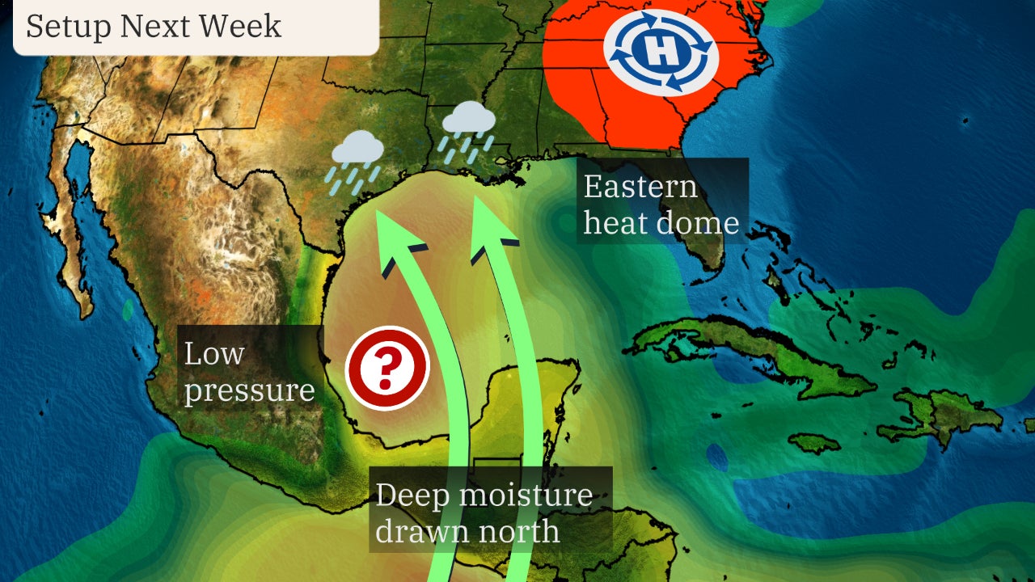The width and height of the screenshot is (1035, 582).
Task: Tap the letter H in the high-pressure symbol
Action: (x=661, y=53)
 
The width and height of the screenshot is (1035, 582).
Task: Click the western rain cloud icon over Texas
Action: (x=357, y=150)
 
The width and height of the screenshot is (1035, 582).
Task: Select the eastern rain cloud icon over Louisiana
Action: (x=469, y=121)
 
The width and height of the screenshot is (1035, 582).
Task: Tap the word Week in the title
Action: (x=243, y=26)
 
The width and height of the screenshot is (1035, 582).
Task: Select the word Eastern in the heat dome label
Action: (x=640, y=187)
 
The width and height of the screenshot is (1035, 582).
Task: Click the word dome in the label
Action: (x=701, y=222)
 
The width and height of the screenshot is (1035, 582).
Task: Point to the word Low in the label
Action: (x=213, y=354)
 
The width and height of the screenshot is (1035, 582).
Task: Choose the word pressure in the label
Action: (x=249, y=390)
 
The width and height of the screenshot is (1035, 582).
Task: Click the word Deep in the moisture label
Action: (x=412, y=494)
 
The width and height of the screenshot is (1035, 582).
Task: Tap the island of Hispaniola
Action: (x=946, y=412)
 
